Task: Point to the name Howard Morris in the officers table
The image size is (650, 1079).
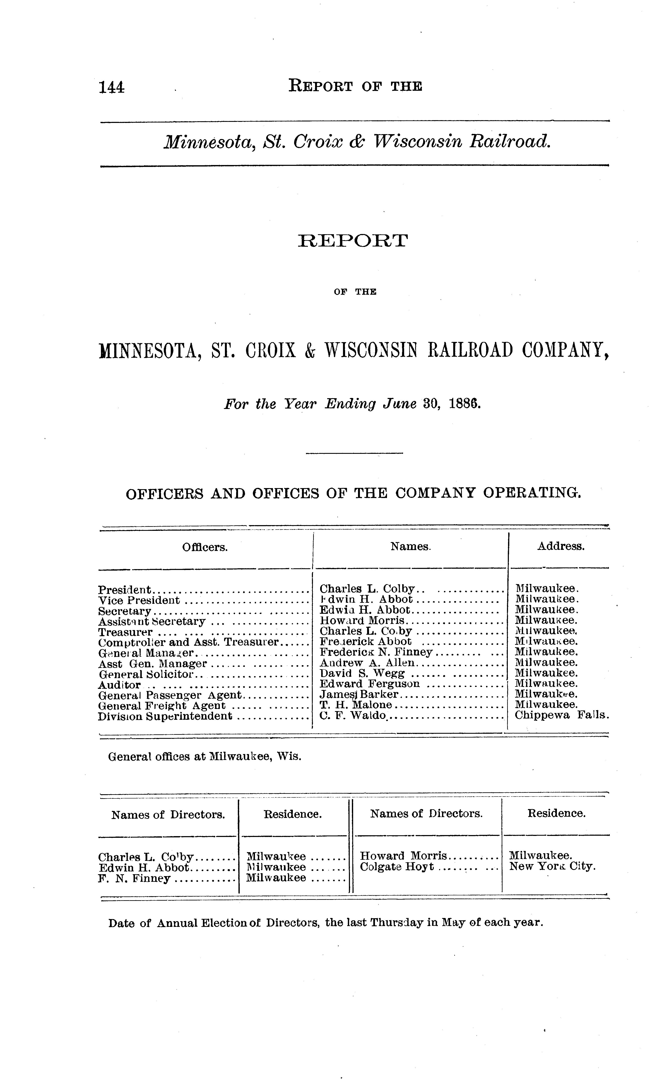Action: (363, 621)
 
